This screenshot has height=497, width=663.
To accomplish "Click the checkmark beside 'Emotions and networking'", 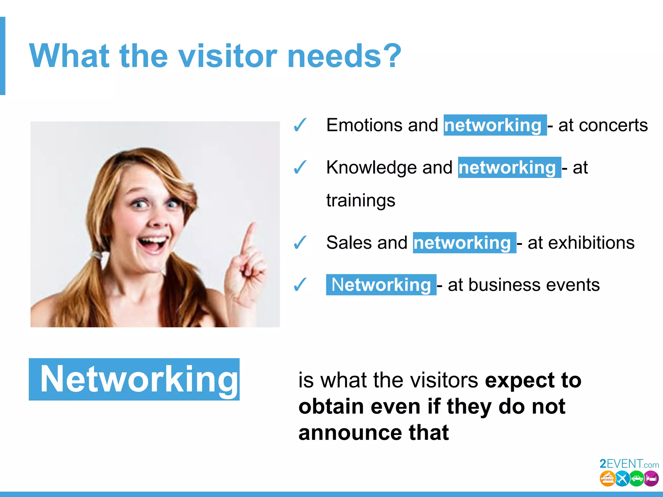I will (300, 125).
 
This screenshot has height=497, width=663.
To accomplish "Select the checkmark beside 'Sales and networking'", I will (300, 243).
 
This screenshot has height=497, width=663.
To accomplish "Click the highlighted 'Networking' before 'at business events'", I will (381, 285).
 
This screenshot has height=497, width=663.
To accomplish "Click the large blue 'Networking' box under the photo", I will (134, 379).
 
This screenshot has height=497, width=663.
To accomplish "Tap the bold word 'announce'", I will (350, 433).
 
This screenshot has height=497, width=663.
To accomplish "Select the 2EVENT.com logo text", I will (629, 464).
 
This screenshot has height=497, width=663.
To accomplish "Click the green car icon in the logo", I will (637, 479).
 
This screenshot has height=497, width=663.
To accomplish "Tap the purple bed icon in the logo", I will (651, 479).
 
